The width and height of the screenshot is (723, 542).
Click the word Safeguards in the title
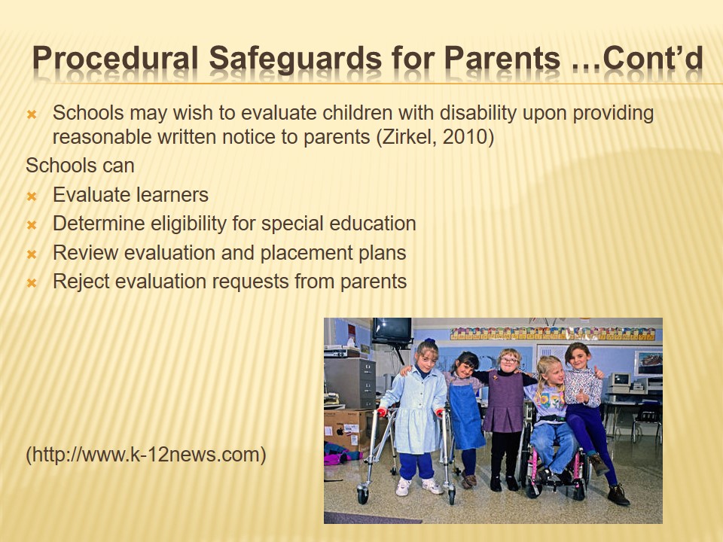tap(295, 59)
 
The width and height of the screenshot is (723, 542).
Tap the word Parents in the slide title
tap(502, 58)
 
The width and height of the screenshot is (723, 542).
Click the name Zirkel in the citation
tap(407, 137)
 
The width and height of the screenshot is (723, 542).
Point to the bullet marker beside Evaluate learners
tap(32, 196)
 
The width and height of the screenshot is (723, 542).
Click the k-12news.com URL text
tap(146, 455)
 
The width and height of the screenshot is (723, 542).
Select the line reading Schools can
tap(81, 166)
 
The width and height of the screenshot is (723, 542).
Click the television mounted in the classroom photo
tap(392, 330)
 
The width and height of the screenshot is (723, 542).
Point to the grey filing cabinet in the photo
tap(350, 382)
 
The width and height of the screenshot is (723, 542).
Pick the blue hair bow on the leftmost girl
tap(430, 342)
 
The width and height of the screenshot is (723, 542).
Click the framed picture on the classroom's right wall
tap(648, 363)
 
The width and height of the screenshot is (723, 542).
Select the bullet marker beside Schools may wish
tap(32, 114)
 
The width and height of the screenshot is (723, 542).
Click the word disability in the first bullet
tap(478, 114)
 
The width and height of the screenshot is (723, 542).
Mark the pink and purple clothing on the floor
tap(342, 453)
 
